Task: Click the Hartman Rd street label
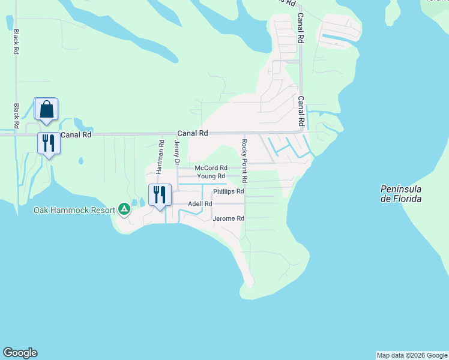coord(160,157)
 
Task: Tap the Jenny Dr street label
coord(176,153)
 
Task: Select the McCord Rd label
coord(211,168)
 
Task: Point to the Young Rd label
coord(211,176)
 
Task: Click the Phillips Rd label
coord(228,191)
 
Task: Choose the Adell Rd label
coord(200,204)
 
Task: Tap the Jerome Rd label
coord(228,219)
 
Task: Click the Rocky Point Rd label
coord(244,161)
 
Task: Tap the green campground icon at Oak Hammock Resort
coord(124,209)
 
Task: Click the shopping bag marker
coord(46,109)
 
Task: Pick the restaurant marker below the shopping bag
coord(49,143)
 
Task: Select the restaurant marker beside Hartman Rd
coord(160,194)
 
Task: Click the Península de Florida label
coord(401,194)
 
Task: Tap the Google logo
coord(20,353)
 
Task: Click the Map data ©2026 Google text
coord(412,355)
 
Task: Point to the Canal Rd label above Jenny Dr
coord(192,133)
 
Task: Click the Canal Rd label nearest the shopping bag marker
coord(76,135)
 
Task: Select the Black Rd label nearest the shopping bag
coord(17,115)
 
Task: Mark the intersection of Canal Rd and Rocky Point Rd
coord(244,133)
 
